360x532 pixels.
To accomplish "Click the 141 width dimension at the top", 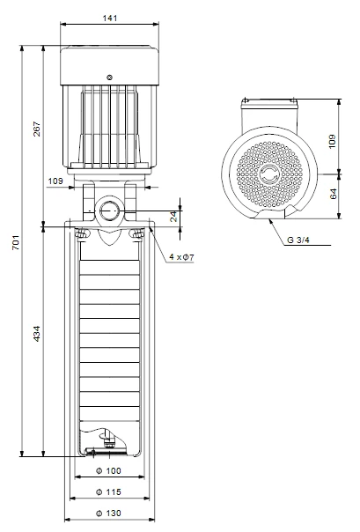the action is pyautogui.click(x=110, y=18).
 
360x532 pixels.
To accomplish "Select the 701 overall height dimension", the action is pyautogui.click(x=16, y=242).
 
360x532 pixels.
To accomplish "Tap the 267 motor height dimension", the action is pyautogui.click(x=37, y=129).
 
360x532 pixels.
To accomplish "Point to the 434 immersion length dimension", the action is pyautogui.click(x=37, y=334).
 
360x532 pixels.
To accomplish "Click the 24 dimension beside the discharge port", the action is pyautogui.click(x=173, y=216).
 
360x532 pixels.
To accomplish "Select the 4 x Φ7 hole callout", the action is pyautogui.click(x=181, y=257).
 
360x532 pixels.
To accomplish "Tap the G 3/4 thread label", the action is pyautogui.click(x=298, y=240).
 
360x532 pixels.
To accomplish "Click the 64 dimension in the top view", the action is pyautogui.click(x=334, y=194).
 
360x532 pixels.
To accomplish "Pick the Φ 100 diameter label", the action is pyautogui.click(x=108, y=470).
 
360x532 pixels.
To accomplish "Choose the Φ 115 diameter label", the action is pyautogui.click(x=108, y=491).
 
